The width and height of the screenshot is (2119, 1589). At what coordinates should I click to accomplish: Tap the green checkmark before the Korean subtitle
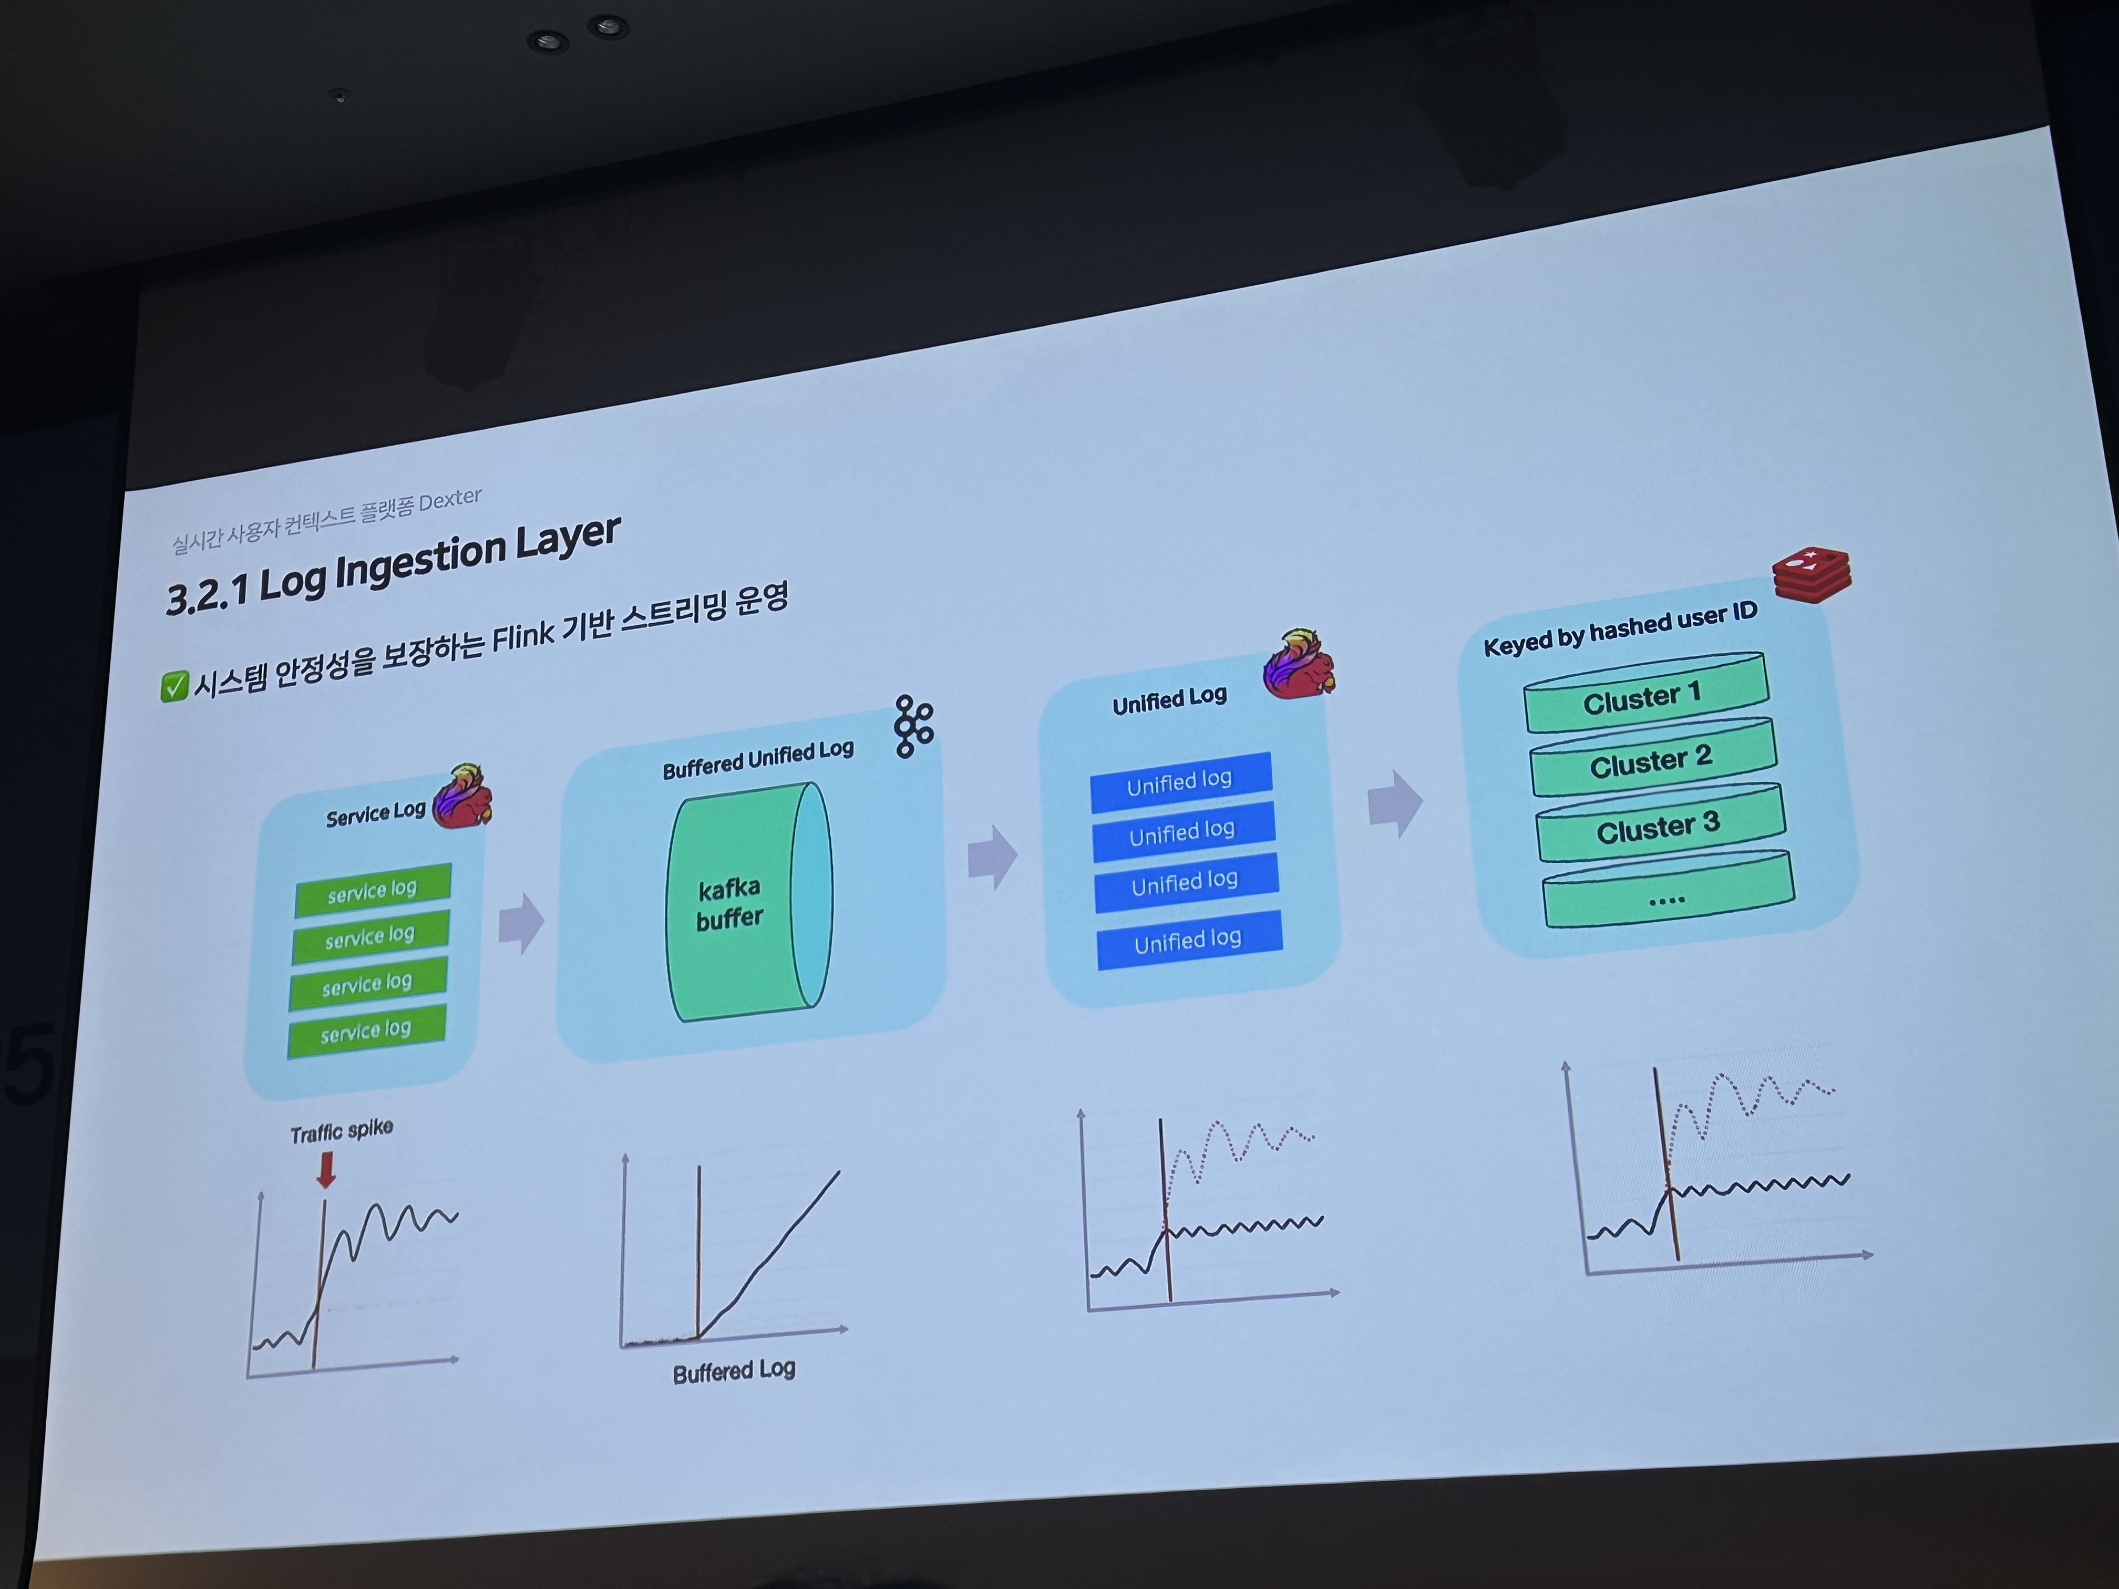coord(173,686)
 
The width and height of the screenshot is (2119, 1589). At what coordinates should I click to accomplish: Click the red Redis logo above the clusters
coord(1811,574)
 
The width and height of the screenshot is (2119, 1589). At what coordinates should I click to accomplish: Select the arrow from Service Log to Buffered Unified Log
coord(521,923)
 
